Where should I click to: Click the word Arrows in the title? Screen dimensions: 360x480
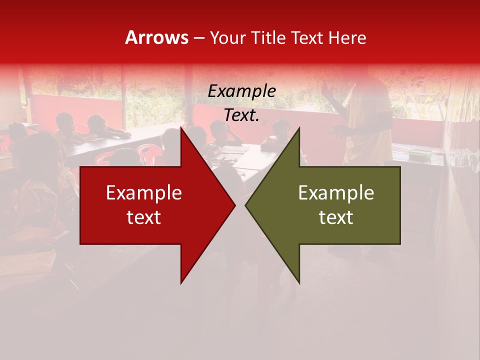coord(156,37)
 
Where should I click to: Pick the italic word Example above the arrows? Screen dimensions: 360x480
coord(242,91)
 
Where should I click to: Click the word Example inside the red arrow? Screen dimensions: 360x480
coord(144,193)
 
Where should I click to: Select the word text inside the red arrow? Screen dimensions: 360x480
coord(144,217)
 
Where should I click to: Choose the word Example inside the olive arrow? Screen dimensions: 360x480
coord(336,193)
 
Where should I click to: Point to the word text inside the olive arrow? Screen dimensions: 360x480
coord(336,217)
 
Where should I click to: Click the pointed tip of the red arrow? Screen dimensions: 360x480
coord(234,205)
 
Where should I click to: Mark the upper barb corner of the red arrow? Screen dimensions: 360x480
coord(181,127)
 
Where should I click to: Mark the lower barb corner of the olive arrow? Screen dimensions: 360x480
coord(299,282)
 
